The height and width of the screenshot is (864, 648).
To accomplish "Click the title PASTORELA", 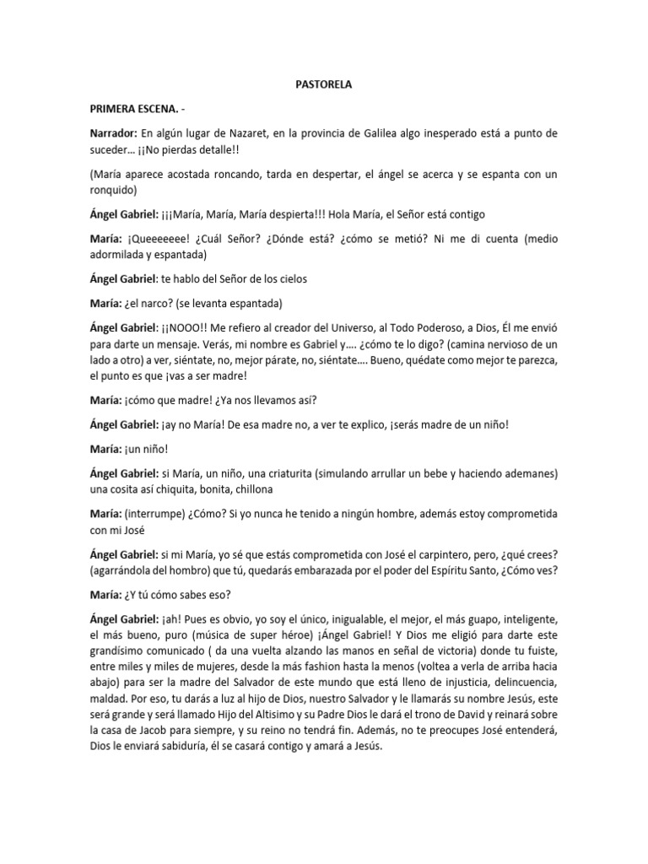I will [324, 85].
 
